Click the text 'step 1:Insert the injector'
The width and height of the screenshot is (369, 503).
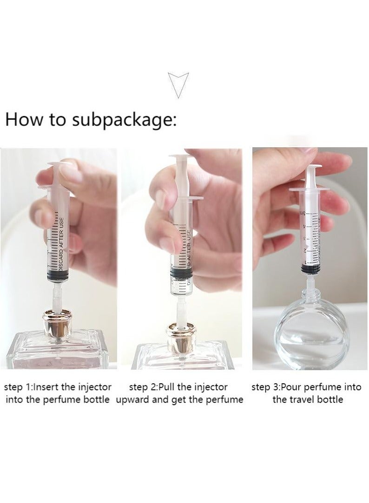pyautogui.click(x=58, y=386)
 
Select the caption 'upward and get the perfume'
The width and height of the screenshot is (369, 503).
pyautogui.click(x=179, y=399)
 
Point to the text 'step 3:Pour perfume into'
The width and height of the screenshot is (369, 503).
pyautogui.click(x=306, y=386)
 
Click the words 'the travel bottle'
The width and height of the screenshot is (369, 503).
pyautogui.click(x=308, y=399)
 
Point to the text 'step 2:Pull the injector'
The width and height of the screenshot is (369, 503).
pyautogui.click(x=178, y=386)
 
